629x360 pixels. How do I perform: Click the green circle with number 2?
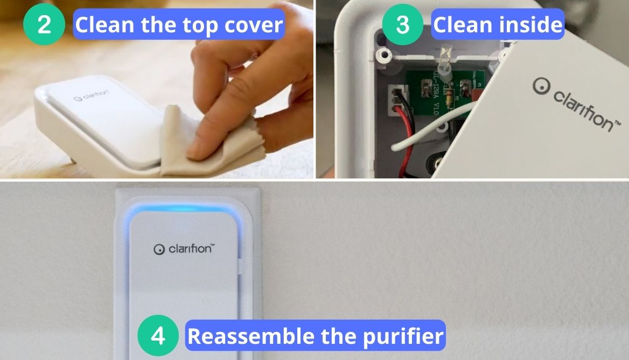(44, 25)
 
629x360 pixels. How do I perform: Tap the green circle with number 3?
(402, 25)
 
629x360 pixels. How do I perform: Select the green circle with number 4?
(158, 336)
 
